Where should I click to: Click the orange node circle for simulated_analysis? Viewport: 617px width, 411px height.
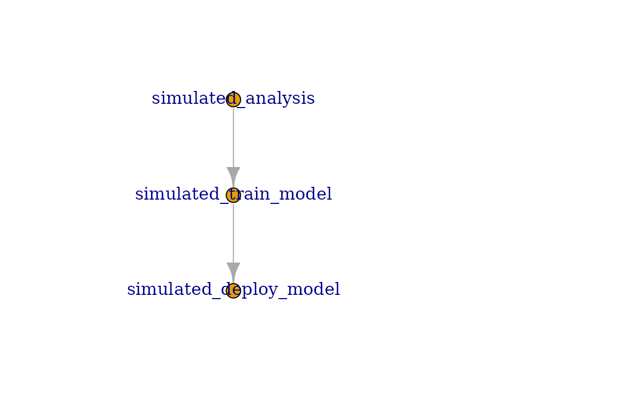[234, 100]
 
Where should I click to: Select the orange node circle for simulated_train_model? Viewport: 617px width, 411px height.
[234, 195]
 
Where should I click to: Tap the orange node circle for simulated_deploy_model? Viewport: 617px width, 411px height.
[234, 291]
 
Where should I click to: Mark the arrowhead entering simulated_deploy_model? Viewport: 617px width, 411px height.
[234, 272]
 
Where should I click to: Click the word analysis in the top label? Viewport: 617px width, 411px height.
[280, 98]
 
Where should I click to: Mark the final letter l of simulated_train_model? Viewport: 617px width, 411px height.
[329, 194]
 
